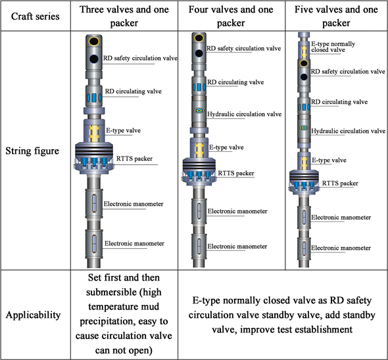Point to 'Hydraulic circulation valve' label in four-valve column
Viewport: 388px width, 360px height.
[x=244, y=114]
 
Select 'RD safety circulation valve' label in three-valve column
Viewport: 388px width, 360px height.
[x=139, y=59]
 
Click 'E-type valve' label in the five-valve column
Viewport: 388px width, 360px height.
[x=329, y=160]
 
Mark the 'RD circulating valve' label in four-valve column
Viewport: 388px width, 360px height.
[x=235, y=82]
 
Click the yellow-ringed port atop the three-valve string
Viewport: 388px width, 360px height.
[x=95, y=41]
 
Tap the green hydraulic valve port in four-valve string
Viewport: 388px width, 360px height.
[x=197, y=112]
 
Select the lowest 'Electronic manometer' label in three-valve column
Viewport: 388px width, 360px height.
[x=134, y=243]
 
